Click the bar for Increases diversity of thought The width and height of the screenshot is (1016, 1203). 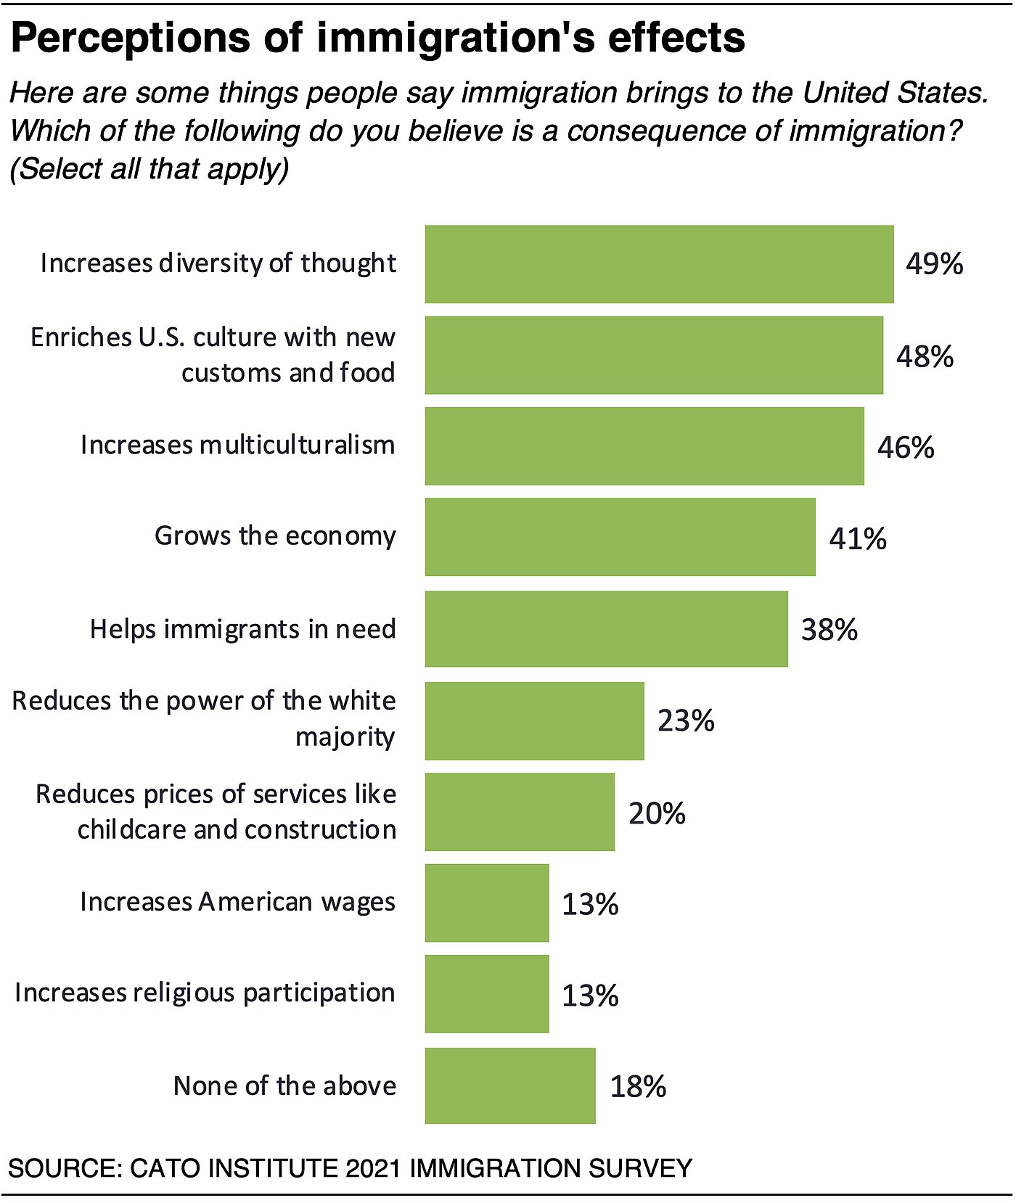coord(659,264)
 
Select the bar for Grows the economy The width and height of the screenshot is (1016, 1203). coord(620,537)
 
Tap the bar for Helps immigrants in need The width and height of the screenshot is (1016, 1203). coord(606,629)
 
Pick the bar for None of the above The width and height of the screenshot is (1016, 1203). coord(510,1085)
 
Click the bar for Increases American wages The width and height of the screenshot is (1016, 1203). coord(487,903)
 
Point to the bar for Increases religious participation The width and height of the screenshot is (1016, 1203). coord(487,994)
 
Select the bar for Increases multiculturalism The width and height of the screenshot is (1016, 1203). coord(644,446)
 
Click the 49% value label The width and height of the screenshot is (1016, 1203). coord(934,264)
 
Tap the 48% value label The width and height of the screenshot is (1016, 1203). coord(925,356)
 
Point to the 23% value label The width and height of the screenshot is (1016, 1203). coord(686,721)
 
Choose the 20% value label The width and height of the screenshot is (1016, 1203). coord(657,813)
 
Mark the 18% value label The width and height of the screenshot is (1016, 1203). coord(638,1087)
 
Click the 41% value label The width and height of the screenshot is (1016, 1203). coord(858,539)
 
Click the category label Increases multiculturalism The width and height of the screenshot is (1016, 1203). coord(238,445)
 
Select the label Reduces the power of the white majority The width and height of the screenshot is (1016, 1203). coord(205,718)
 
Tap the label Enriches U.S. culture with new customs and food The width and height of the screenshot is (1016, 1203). coord(213,355)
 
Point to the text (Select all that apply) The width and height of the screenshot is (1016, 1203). coord(149,168)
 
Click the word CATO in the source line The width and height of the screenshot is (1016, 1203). coord(164,1168)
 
